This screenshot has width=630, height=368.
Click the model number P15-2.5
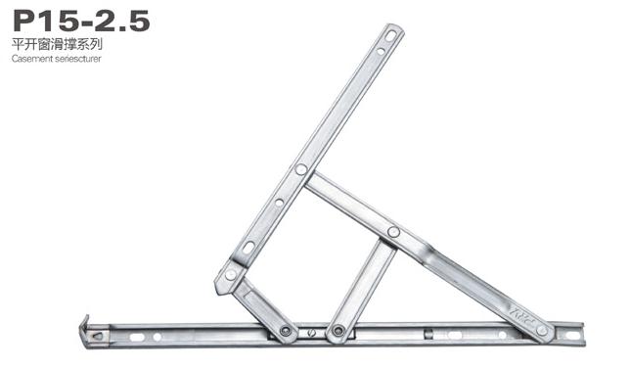[x=81, y=21]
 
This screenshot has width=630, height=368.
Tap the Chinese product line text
[x=57, y=44]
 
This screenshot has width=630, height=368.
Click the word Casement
[x=32, y=59]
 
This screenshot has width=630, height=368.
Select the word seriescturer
[x=78, y=59]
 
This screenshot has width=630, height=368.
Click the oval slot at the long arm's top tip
[x=390, y=36]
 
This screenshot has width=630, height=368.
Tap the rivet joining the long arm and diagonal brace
[x=301, y=169]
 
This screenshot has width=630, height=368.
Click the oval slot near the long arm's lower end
[x=248, y=248]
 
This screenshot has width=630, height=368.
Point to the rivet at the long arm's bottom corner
[x=231, y=274]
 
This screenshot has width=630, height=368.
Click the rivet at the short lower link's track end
[x=286, y=331]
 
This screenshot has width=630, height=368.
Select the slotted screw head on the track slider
[x=311, y=332]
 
